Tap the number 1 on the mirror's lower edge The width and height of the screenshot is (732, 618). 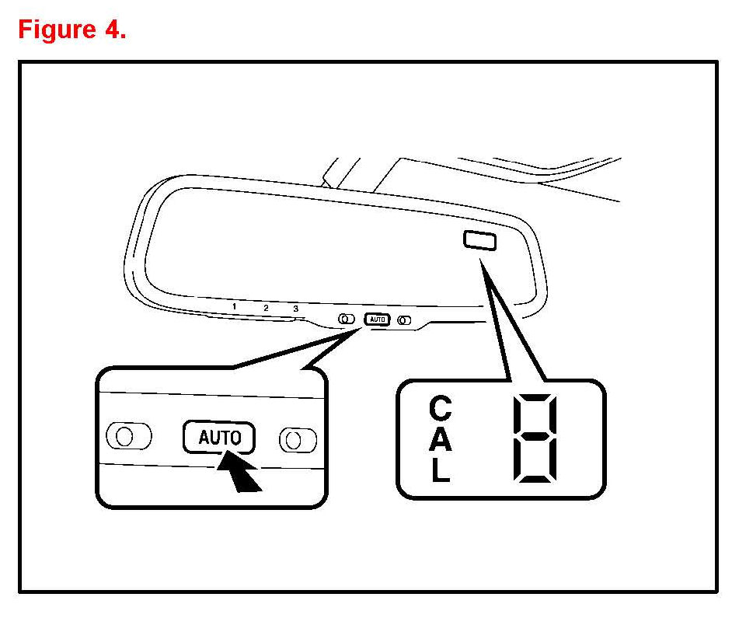tap(234, 306)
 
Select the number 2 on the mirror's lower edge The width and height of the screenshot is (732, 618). tap(266, 308)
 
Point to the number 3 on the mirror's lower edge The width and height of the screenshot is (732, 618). tap(296, 309)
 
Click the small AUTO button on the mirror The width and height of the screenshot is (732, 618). tap(377, 319)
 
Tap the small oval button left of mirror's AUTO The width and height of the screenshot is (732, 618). tap(347, 318)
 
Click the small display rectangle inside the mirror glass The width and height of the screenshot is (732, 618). tap(479, 240)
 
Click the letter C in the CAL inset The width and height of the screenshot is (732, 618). tap(441, 407)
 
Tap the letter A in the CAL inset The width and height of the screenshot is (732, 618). tap(441, 440)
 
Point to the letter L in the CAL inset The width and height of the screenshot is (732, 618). tap(441, 471)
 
